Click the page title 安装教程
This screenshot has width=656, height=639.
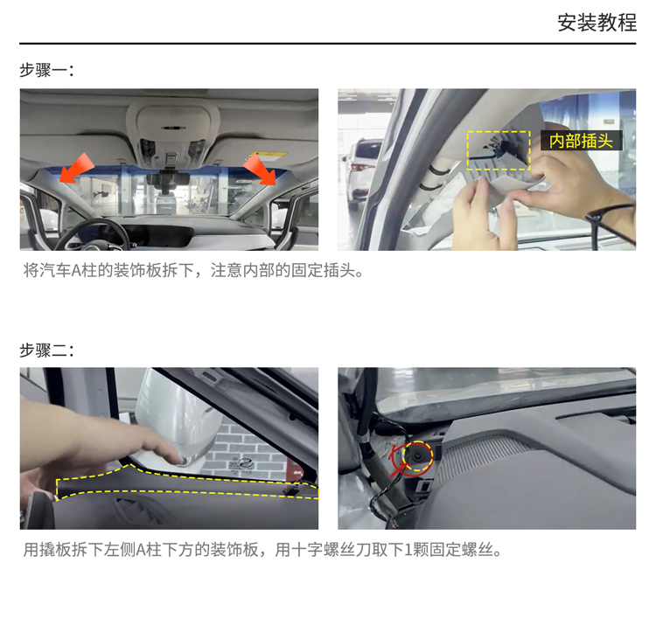597,23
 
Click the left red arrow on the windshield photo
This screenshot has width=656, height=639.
76,168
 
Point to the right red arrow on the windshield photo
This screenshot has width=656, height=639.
260,170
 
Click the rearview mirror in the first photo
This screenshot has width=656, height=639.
167,179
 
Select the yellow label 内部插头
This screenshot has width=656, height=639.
581,141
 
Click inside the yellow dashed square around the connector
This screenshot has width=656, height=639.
499,150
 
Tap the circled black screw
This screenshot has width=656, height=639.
417,455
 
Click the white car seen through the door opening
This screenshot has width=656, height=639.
362,174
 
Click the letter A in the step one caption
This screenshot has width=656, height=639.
76,271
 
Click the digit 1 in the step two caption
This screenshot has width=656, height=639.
408,550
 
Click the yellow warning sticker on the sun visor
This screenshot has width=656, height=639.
268,156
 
